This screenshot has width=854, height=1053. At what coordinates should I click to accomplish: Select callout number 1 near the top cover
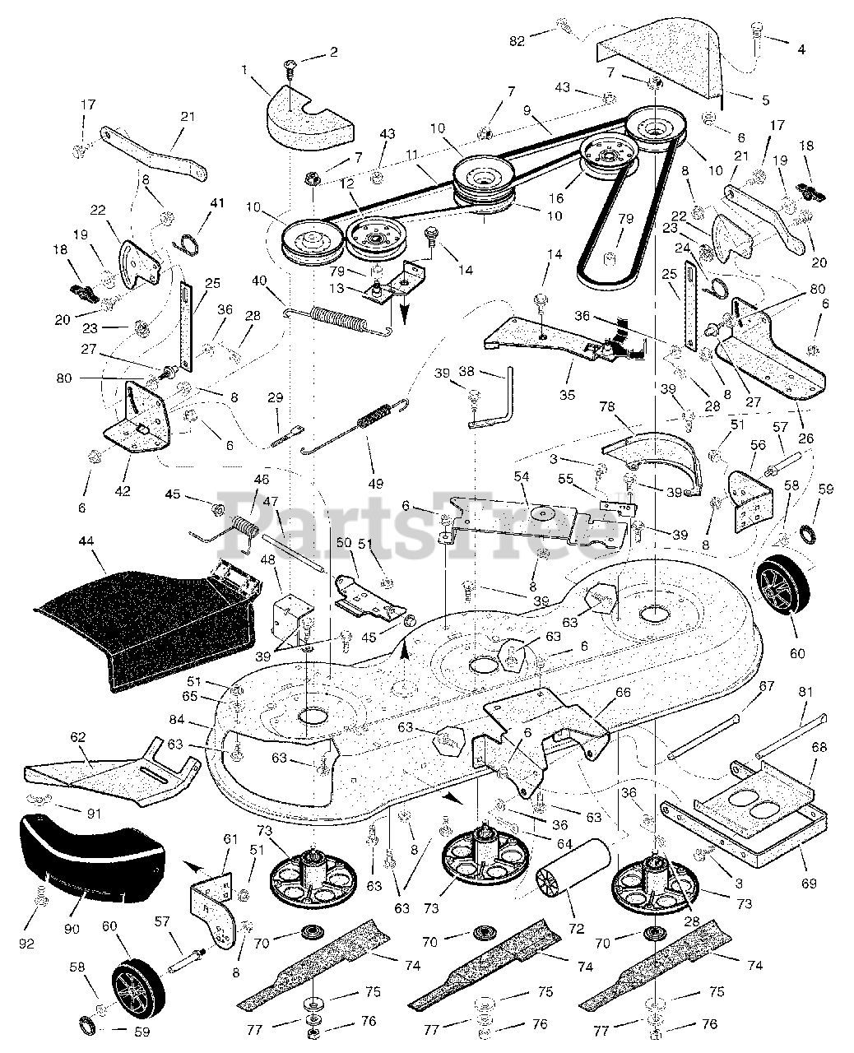coord(244,69)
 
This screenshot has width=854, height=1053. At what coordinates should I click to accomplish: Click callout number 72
coord(575,930)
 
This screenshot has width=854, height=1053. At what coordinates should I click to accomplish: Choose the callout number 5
coord(765,100)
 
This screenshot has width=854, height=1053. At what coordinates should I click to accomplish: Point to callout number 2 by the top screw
coord(332,53)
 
